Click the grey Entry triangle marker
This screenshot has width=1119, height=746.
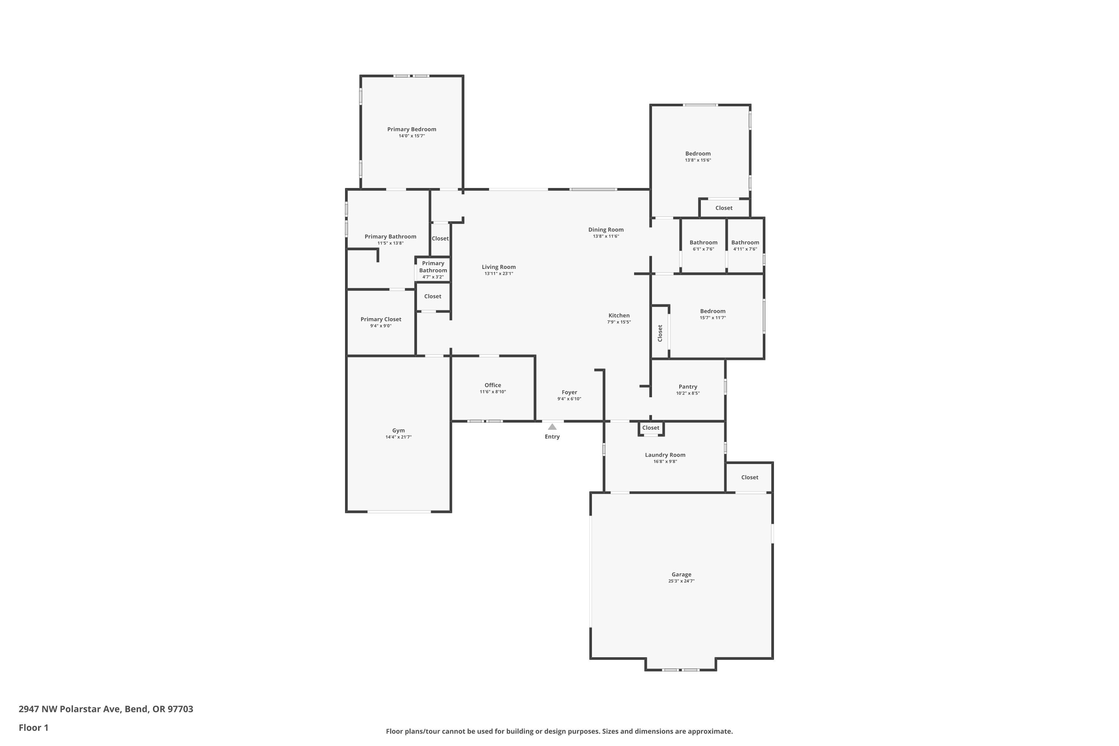point(552,427)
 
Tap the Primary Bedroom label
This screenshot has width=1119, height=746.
point(411,129)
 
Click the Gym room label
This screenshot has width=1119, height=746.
point(398,430)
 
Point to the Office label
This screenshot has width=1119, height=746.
point(492,385)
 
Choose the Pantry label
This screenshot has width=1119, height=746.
point(687,387)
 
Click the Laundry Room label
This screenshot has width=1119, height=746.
point(665,455)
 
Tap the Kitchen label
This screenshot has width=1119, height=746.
point(618,316)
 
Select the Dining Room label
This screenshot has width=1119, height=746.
point(606,230)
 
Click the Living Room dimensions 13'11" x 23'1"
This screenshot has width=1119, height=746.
point(499,273)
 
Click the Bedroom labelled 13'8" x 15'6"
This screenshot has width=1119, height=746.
point(698,154)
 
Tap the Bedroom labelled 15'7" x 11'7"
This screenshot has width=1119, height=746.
point(712,311)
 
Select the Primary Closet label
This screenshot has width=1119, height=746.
point(380,319)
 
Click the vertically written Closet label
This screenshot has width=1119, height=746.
point(660,333)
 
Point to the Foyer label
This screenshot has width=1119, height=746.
point(569,392)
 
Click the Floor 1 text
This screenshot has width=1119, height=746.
point(33,727)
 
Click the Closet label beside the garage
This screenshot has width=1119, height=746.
point(749,477)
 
